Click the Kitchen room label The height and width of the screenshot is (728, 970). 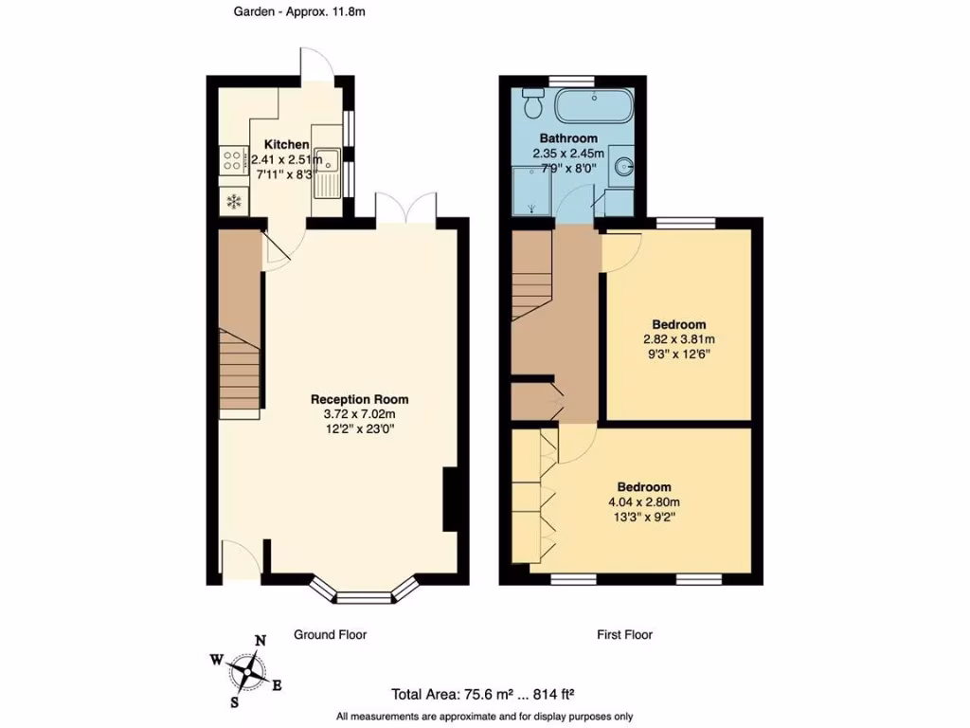pos(285,144)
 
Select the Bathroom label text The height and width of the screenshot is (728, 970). pos(568,137)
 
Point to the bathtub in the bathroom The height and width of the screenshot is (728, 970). pos(593,105)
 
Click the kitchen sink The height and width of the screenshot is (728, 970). pos(328,173)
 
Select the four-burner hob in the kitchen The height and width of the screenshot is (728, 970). pos(232,161)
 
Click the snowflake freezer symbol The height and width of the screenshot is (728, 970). pos(232,201)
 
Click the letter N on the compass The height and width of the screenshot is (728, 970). pos(261,642)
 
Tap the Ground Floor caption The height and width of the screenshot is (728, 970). pos(330,635)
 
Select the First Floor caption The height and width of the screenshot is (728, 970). pos(625,635)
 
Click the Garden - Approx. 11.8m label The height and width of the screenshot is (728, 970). pos(285,12)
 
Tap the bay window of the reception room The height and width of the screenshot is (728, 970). pos(365,594)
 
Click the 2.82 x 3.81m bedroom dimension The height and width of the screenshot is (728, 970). pos(677,338)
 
